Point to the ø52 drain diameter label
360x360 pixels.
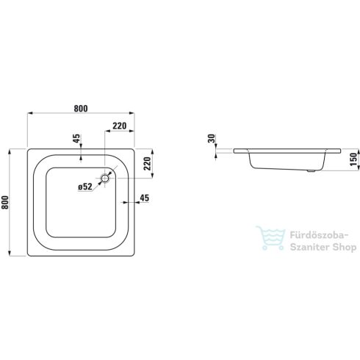coord(84,187)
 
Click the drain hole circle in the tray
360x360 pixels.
coord(106,178)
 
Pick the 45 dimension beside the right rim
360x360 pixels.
coord(144,198)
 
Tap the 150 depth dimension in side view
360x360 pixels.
coord(352,160)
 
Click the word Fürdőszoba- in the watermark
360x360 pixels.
coord(314,237)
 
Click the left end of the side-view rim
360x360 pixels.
coord(234,150)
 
